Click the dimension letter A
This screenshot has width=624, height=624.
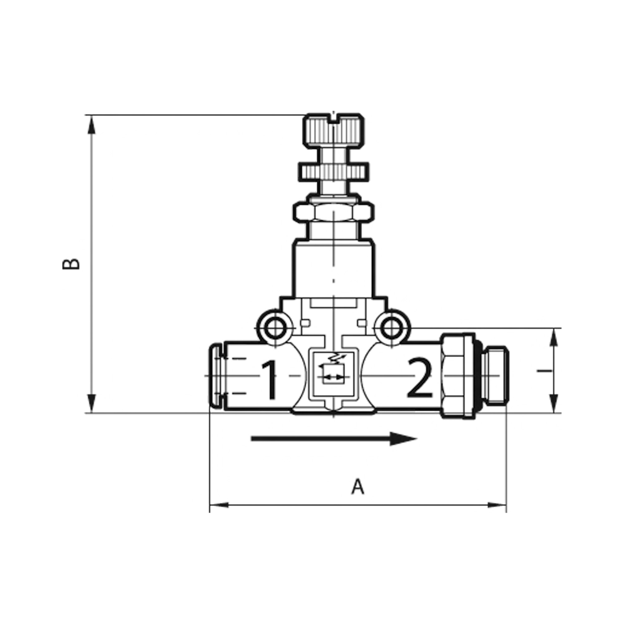point(358,496)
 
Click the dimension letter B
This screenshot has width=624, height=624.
point(71,264)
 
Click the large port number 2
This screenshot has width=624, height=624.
point(419,378)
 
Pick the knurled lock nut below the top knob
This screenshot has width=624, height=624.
point(334,172)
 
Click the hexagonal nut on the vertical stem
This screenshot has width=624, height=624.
point(334,212)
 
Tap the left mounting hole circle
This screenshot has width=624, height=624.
point(275,329)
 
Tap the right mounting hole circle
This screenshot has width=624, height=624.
point(392,329)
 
